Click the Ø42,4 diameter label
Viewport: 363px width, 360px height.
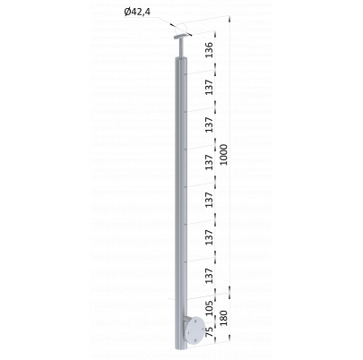click(136, 13)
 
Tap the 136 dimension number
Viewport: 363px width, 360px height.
click(210, 50)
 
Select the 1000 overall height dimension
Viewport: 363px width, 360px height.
click(224, 155)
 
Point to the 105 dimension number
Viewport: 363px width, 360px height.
click(210, 308)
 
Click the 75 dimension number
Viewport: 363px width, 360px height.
click(210, 332)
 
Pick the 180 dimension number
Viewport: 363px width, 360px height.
click(224, 318)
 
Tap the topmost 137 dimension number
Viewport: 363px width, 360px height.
click(210, 87)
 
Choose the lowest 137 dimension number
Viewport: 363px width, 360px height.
click(210, 276)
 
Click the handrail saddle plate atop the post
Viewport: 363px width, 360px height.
click(182, 37)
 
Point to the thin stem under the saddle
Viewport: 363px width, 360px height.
click(182, 47)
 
